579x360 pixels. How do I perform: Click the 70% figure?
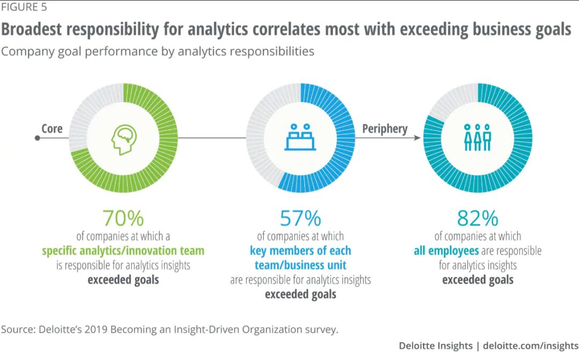[x=123, y=218]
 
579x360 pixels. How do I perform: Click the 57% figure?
[x=300, y=218]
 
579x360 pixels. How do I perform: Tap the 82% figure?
[x=478, y=218]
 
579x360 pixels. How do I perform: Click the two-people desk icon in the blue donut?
[x=300, y=137]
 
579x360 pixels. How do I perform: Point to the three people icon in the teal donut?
[x=477, y=137]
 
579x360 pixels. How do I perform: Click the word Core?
[x=52, y=129]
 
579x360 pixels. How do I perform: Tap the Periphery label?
[x=385, y=129]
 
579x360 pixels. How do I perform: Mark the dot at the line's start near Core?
[x=37, y=138]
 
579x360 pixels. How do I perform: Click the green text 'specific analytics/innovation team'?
[x=123, y=251]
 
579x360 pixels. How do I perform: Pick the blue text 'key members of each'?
[x=300, y=251]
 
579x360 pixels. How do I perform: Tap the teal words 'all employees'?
[x=446, y=251]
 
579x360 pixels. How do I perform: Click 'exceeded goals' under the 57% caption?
[x=300, y=294]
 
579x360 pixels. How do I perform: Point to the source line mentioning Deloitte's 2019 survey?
[x=169, y=329]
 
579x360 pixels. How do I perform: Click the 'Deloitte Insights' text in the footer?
[x=435, y=346]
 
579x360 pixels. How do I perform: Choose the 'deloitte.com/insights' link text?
[x=531, y=346]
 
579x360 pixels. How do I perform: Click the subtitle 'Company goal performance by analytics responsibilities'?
[x=158, y=52]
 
